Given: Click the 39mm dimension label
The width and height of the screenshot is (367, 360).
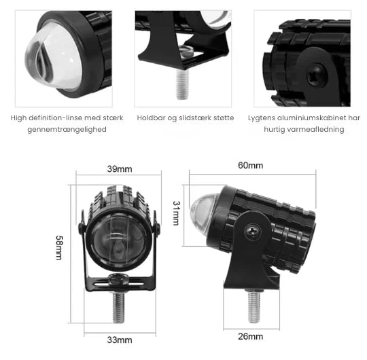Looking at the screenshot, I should [x=120, y=169].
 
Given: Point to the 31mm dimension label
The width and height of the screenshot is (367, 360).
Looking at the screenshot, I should [x=175, y=213].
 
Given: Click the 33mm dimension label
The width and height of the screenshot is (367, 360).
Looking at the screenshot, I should [x=120, y=340].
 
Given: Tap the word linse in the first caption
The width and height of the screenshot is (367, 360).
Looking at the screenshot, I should [x=81, y=118].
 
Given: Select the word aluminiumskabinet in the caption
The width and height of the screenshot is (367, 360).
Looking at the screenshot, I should [x=302, y=118].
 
